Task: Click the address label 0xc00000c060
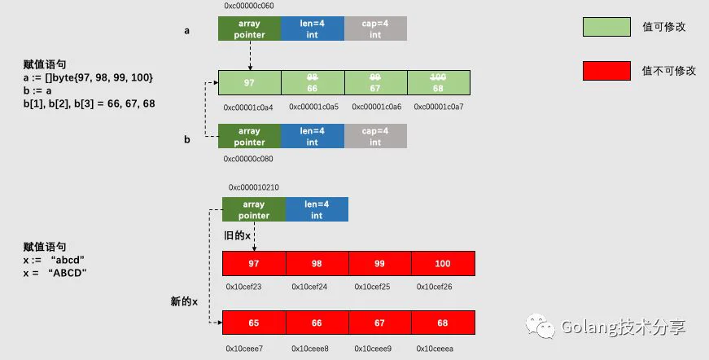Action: [249, 6]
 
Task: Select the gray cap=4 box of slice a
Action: [375, 29]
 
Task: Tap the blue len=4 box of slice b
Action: [313, 136]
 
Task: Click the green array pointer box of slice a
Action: [250, 29]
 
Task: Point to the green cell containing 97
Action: [250, 83]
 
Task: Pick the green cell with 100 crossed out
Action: [439, 83]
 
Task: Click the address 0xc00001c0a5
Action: [314, 107]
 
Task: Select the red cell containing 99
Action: [380, 263]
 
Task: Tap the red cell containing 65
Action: [254, 323]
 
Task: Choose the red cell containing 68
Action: [443, 323]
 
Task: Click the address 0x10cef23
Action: [243, 287]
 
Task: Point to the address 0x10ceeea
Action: [435, 349]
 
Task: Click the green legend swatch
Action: [606, 27]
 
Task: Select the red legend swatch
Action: [606, 71]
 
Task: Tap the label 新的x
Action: [184, 301]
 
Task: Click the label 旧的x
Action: [238, 235]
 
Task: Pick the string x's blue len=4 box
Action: [317, 209]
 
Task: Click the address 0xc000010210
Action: [254, 187]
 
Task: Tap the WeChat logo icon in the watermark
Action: [540, 326]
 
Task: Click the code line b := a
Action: [37, 90]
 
